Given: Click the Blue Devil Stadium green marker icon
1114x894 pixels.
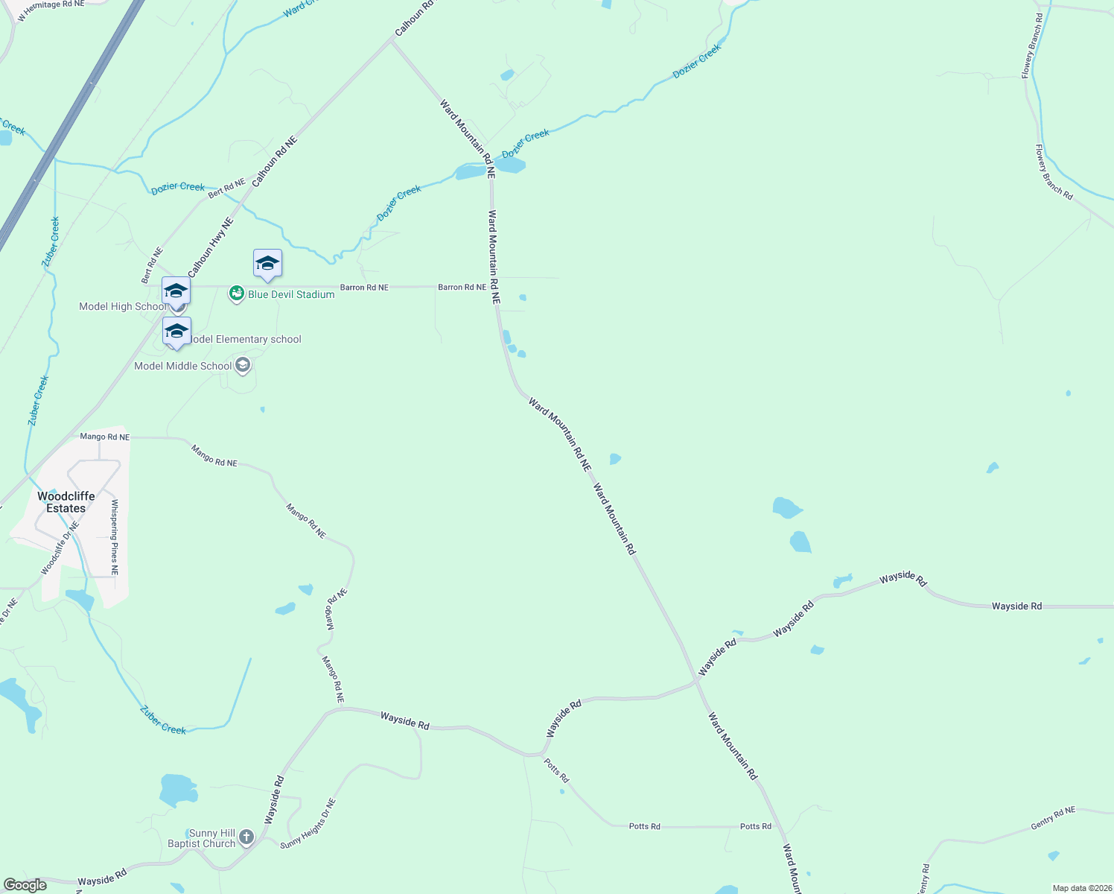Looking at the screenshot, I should [236, 294].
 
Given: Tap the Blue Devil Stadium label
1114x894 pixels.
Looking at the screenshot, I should [291, 294].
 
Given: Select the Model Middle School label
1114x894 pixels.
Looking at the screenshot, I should [183, 366].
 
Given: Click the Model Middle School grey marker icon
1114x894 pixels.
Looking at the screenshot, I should [242, 365].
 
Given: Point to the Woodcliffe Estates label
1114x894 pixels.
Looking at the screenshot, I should [66, 502].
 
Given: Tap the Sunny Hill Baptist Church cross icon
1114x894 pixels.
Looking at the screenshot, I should [246, 837].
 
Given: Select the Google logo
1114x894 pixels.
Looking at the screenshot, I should [25, 885].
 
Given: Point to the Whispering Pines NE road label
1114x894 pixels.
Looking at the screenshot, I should [115, 537].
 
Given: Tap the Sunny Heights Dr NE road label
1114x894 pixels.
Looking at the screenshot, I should [308, 823].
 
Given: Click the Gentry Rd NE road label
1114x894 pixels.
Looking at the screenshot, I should [1053, 819].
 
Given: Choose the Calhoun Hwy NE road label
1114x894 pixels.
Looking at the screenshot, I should [211, 248].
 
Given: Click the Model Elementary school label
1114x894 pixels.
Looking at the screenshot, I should [246, 339].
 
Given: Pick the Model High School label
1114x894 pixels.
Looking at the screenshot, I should [123, 306].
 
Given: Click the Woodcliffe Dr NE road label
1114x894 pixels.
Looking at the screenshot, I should [60, 548].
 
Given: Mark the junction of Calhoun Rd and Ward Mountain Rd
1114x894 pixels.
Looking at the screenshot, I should [391, 40].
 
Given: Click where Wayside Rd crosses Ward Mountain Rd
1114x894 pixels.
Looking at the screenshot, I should [697, 679].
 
